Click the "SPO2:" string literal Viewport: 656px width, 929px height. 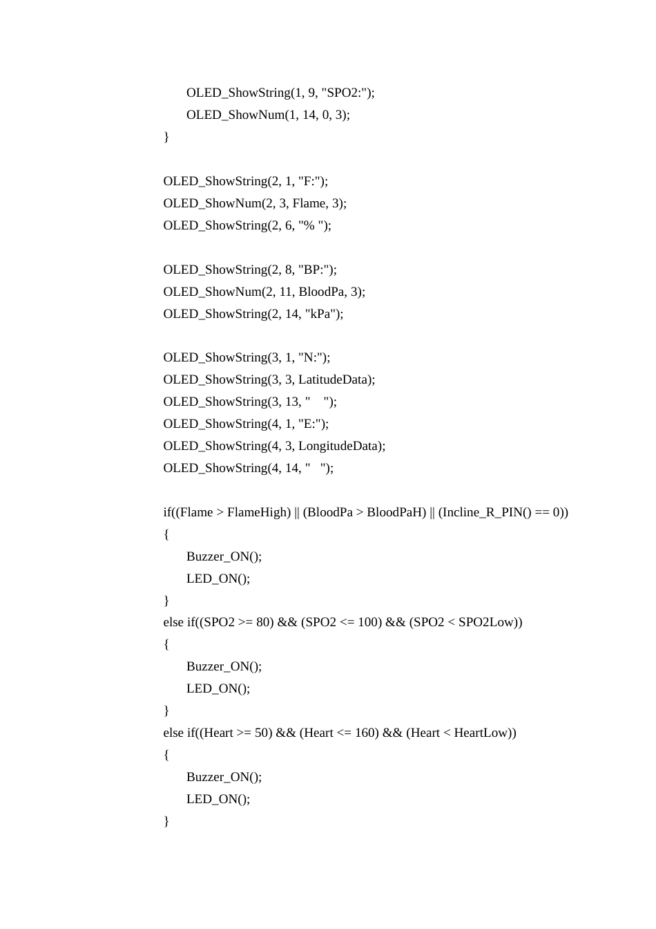[x=345, y=93]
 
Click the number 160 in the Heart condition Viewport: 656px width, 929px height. [x=366, y=733]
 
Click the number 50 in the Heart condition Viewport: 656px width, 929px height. [x=262, y=733]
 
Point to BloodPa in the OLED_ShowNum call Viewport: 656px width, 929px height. [x=321, y=292]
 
